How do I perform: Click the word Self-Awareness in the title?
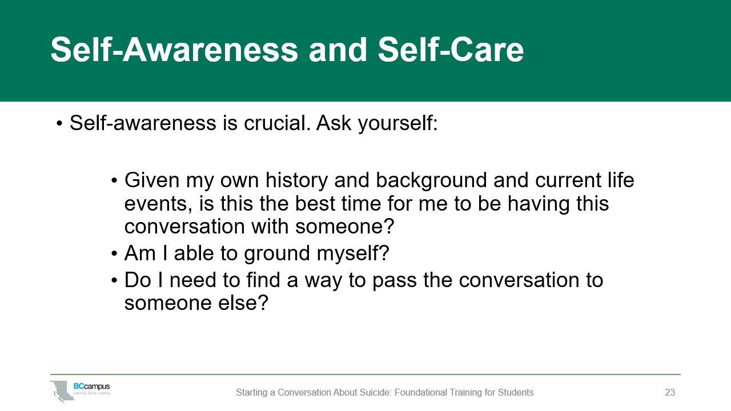pos(174,50)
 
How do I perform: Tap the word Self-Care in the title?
pos(451,50)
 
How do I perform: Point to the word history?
pos(296,180)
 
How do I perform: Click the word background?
pos(431,180)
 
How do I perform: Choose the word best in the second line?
pos(315,203)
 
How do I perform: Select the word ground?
pos(277,254)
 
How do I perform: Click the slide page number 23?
pos(670,392)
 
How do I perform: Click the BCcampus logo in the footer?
pos(81,391)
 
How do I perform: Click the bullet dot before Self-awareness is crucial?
pos(59,124)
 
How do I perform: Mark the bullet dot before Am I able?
pos(114,253)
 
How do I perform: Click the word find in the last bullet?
pos(263,280)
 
